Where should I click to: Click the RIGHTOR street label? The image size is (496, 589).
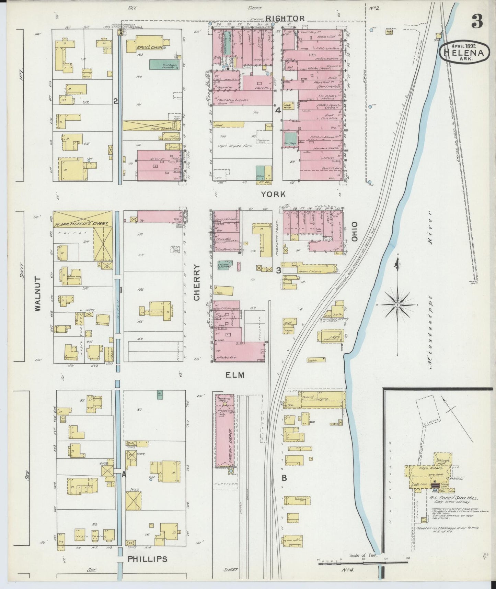click(290, 19)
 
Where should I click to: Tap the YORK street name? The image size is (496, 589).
click(273, 195)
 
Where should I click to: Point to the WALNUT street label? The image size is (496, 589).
click(38, 294)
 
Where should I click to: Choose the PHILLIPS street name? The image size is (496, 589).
click(148, 559)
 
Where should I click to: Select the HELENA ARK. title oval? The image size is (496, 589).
click(463, 53)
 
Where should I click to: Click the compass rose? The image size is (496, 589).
click(397, 304)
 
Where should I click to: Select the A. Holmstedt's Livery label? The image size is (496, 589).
click(82, 223)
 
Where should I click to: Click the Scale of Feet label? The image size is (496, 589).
click(363, 555)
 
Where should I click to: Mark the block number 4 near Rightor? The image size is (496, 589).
click(278, 110)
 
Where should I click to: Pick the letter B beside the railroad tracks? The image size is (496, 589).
click(284, 478)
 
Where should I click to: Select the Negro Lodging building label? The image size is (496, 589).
click(311, 271)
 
